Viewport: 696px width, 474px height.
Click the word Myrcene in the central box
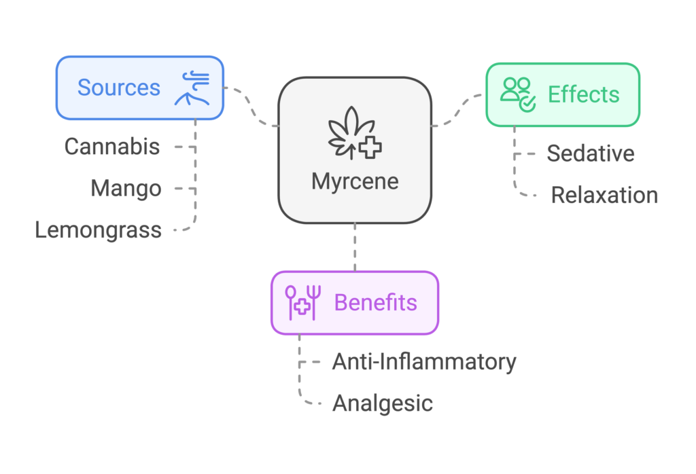pyautogui.click(x=355, y=181)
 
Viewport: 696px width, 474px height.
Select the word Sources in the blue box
pyautogui.click(x=118, y=88)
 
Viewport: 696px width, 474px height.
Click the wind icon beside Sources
pyautogui.click(x=192, y=88)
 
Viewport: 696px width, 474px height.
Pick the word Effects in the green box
pyautogui.click(x=584, y=94)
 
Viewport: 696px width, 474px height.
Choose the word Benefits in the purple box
pyautogui.click(x=375, y=303)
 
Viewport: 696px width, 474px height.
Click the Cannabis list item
pyautogui.click(x=112, y=146)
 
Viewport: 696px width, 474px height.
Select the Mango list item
pyautogui.click(x=126, y=188)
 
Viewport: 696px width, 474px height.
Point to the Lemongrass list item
pyautogui.click(x=99, y=230)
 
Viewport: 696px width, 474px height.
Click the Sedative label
pyautogui.click(x=591, y=153)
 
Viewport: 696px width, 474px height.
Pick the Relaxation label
pyautogui.click(x=604, y=196)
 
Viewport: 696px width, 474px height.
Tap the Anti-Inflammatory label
pyautogui.click(x=424, y=361)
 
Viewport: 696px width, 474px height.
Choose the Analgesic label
pyautogui.click(x=383, y=403)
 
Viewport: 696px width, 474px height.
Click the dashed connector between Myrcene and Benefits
pyautogui.click(x=355, y=247)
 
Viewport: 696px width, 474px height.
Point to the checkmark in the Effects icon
pyautogui.click(x=527, y=103)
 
